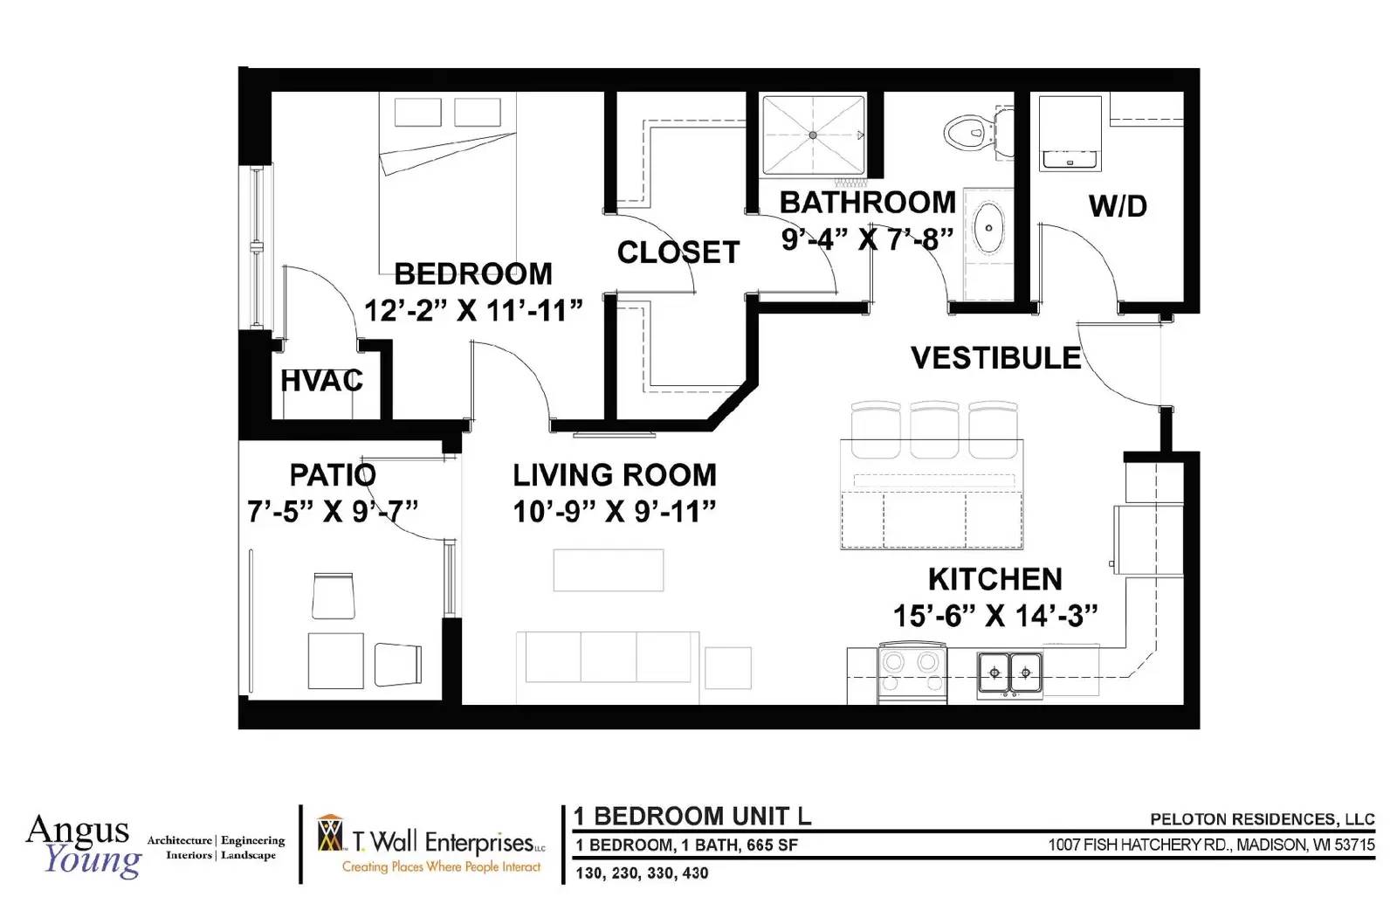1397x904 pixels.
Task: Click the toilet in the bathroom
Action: click(978, 132)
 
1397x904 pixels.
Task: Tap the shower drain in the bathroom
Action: click(813, 135)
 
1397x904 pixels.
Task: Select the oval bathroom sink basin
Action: click(988, 228)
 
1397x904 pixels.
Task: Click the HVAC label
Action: click(322, 381)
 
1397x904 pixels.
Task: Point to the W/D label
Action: click(1118, 206)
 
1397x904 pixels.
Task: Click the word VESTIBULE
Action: click(996, 357)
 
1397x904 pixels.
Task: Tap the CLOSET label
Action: click(678, 252)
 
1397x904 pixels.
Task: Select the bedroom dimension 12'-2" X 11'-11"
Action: click(473, 310)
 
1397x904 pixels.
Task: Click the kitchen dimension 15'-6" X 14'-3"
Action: click(995, 616)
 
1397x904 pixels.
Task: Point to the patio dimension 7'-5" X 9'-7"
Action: click(333, 512)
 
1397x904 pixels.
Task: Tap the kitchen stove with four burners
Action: click(912, 673)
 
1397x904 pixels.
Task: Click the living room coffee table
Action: click(609, 570)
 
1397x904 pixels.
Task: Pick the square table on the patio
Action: click(335, 660)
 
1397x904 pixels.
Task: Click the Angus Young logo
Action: click(84, 845)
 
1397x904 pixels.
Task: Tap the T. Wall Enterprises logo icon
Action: click(330, 833)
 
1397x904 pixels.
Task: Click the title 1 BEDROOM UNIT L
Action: click(692, 816)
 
